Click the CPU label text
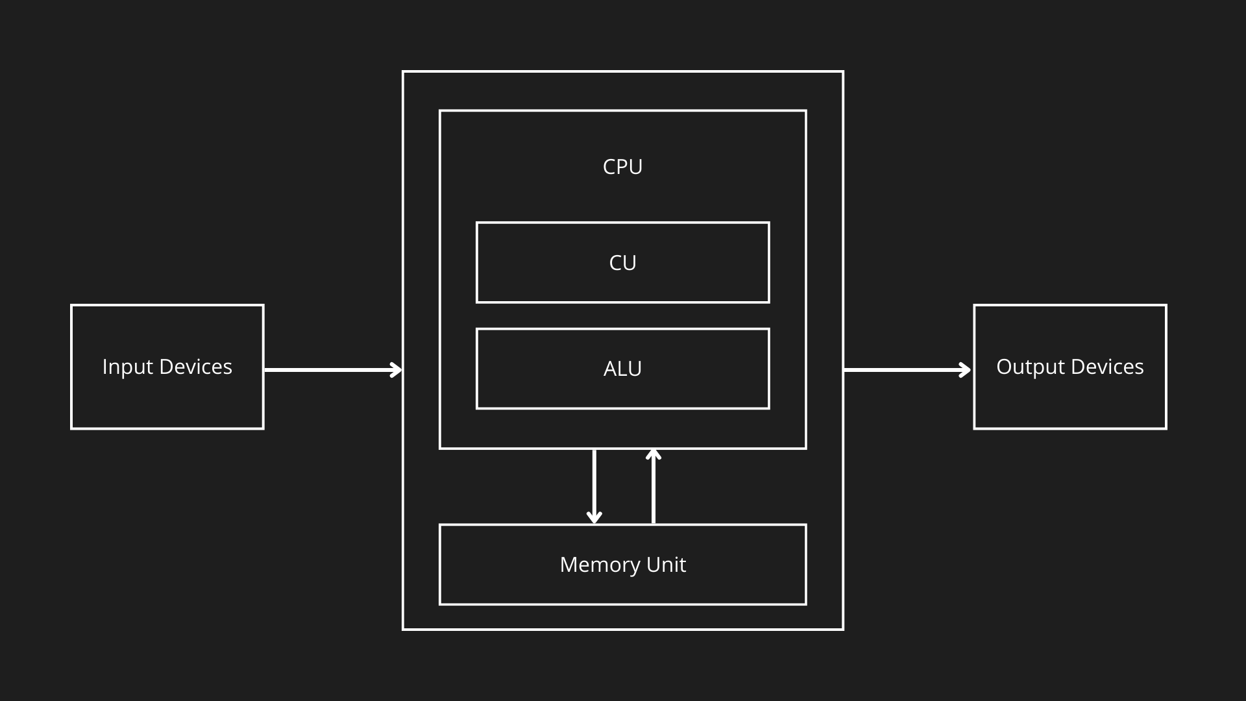(622, 167)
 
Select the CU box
(622, 262)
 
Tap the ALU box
(622, 369)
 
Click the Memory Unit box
(622, 565)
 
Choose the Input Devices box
(167, 367)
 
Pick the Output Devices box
(1069, 367)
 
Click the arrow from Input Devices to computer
(331, 370)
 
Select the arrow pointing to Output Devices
(905, 370)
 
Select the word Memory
(598, 565)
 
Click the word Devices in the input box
(195, 367)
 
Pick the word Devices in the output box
(1107, 367)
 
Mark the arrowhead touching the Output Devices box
(965, 370)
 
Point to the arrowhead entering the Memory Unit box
(594, 517)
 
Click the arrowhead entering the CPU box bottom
(654, 454)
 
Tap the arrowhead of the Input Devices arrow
(395, 370)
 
